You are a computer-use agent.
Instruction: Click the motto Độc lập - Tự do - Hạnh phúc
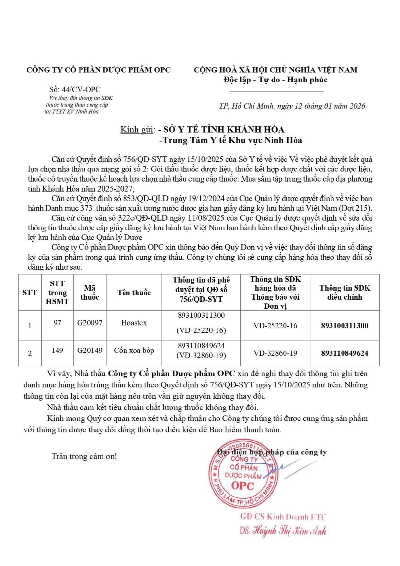point(275,80)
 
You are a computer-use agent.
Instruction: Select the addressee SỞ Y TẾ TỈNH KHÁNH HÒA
point(224,130)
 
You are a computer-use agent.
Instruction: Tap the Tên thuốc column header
point(134,293)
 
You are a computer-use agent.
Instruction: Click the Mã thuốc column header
point(90,293)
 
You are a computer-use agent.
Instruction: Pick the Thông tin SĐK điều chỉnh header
point(345,293)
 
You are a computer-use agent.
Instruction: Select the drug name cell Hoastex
point(134,323)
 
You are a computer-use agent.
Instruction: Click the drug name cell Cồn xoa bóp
point(134,351)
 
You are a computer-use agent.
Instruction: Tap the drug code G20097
point(90,323)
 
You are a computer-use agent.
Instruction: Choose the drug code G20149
point(90,351)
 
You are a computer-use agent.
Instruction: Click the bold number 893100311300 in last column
point(345,326)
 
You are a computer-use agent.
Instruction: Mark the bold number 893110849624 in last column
point(345,353)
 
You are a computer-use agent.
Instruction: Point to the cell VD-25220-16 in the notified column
point(275,326)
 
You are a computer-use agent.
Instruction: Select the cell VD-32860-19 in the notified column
point(275,353)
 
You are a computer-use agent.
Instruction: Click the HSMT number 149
point(57,351)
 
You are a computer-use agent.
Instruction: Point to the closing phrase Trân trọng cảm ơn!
point(84,456)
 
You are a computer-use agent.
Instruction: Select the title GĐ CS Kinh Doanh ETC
point(283,517)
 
